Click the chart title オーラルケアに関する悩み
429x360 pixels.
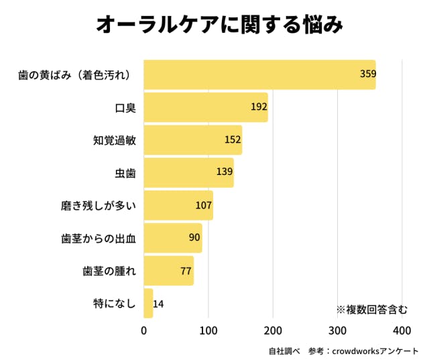[220, 25]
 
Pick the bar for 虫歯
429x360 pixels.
[188, 172]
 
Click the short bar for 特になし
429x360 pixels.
[148, 304]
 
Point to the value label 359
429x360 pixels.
[367, 74]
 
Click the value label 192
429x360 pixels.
[259, 107]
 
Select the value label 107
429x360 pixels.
[204, 205]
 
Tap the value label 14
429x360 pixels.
[158, 304]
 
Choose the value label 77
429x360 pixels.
[186, 271]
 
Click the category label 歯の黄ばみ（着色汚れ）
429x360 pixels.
[72, 75]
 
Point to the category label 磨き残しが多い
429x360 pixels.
[99, 206]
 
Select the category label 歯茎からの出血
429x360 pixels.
[99, 238]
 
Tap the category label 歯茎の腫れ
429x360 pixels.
[109, 271]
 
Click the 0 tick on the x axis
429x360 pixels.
[144, 331]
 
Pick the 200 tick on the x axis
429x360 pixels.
[273, 331]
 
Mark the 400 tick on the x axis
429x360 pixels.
[402, 331]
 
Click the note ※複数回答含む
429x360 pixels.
[371, 309]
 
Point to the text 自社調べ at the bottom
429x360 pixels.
[284, 351]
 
